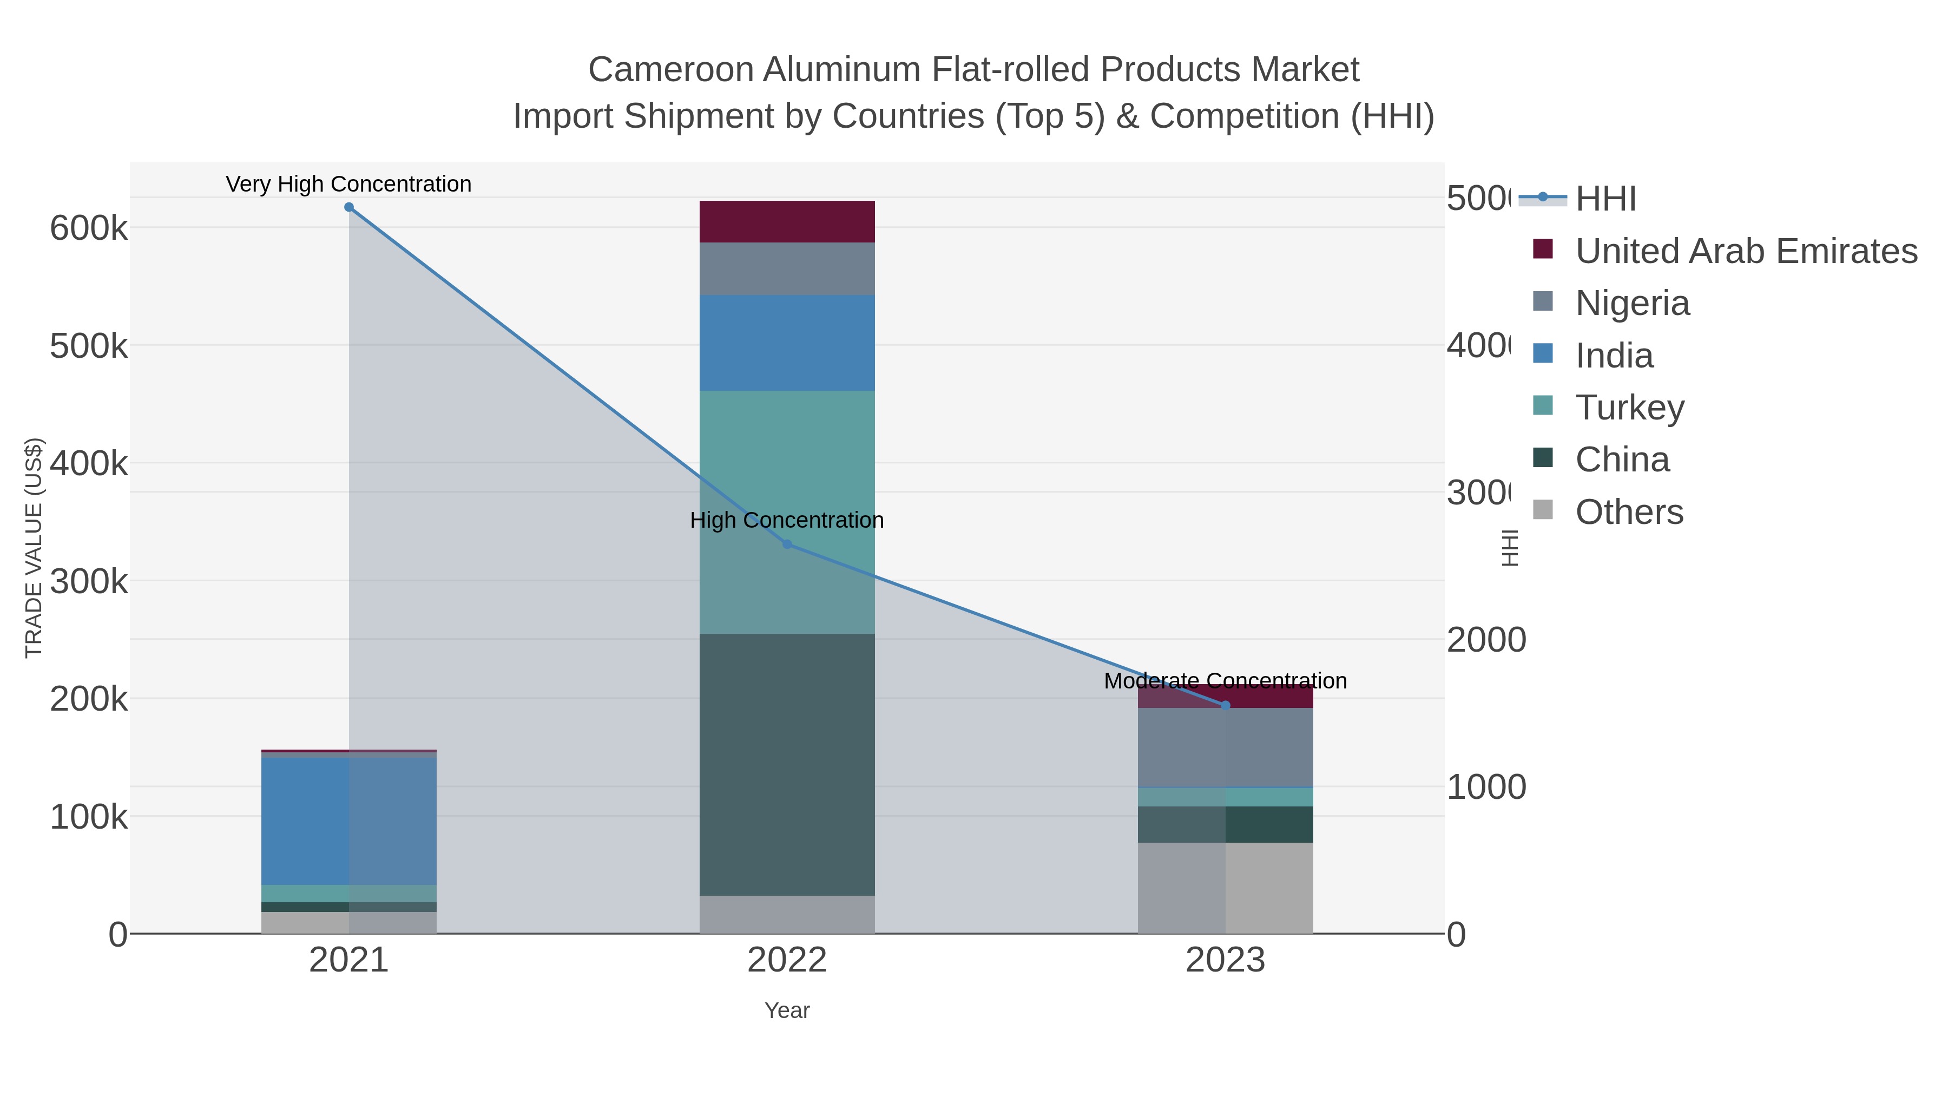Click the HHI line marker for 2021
pos(348,207)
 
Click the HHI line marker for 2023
pos(1225,705)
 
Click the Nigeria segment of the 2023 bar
pos(1225,747)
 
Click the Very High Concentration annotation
pos(348,184)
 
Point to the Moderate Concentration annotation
pos(1225,681)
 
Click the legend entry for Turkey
pos(1630,407)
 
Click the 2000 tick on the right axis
pos(1486,640)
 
